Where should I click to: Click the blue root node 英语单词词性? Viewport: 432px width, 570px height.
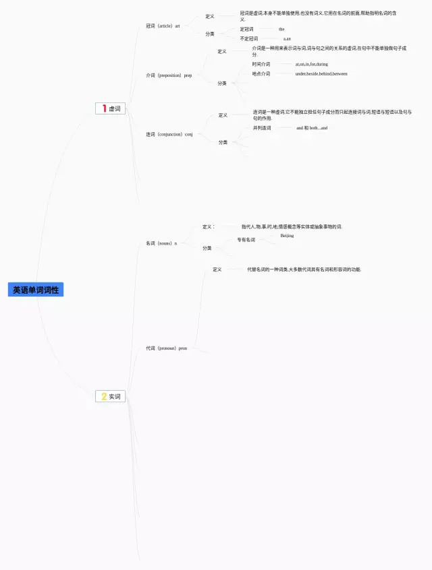click(x=36, y=290)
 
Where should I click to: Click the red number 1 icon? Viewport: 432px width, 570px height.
click(x=104, y=108)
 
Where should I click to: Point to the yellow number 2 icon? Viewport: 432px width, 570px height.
click(x=104, y=396)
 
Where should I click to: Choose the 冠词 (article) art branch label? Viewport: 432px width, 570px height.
click(x=163, y=26)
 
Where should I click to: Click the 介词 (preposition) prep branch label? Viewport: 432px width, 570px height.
click(x=169, y=75)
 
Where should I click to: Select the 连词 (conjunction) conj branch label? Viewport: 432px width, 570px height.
click(x=169, y=135)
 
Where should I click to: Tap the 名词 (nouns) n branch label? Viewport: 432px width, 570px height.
click(x=161, y=243)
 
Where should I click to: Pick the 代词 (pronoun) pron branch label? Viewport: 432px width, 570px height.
click(x=166, y=348)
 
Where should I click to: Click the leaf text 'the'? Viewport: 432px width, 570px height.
click(x=281, y=29)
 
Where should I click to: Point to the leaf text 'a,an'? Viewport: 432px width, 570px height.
click(x=287, y=39)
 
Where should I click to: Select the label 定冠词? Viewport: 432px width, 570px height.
click(x=246, y=29)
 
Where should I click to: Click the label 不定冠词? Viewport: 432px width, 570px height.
click(x=248, y=39)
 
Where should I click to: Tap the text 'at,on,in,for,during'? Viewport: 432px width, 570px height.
click(x=311, y=65)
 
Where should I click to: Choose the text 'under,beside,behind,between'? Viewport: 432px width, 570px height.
click(x=321, y=74)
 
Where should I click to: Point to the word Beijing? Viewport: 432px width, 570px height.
click(x=287, y=236)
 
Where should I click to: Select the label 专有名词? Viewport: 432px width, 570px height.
click(x=246, y=240)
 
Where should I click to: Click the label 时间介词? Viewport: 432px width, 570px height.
click(x=261, y=65)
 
